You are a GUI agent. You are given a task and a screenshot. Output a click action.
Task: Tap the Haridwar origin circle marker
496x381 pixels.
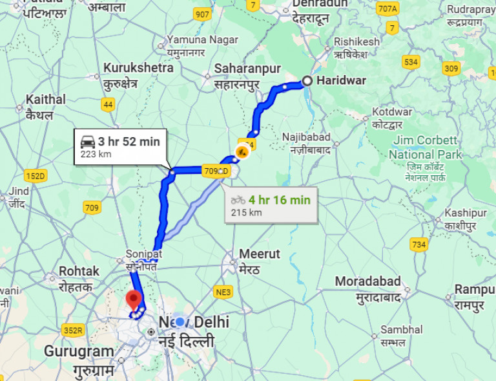point(307,81)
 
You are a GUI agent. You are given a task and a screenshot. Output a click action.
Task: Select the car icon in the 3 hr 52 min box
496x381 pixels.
point(88,142)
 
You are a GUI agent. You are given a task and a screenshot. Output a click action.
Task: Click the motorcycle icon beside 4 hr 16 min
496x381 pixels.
point(238,201)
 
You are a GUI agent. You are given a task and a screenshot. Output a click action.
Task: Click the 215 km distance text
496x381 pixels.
point(246,212)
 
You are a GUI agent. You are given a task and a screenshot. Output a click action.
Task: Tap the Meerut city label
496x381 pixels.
point(260,254)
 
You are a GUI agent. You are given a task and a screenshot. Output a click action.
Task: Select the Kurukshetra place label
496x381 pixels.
point(138,68)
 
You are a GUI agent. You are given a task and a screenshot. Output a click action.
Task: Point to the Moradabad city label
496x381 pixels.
point(368,282)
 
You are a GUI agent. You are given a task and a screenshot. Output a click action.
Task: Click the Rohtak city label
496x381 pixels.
point(79,271)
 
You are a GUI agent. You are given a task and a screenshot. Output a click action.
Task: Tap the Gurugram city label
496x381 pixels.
point(79,351)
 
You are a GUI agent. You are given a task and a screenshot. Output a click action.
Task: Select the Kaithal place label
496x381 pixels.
point(45,100)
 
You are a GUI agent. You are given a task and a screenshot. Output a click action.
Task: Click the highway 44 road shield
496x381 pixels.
point(108,104)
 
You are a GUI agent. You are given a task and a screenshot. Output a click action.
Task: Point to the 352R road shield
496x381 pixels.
point(74,331)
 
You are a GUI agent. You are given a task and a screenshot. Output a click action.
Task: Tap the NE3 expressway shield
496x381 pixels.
point(223,292)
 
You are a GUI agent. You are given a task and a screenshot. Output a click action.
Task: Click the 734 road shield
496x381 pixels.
point(418,244)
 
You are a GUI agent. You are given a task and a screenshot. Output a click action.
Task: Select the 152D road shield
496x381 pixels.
point(36,175)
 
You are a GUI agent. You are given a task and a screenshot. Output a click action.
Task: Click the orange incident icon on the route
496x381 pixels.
point(242,152)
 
